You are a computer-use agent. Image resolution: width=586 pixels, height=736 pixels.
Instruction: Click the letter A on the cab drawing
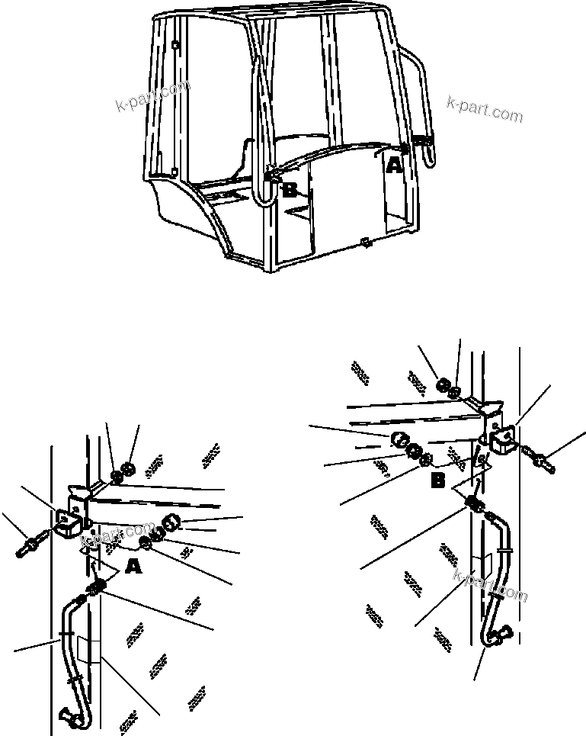coord(393,164)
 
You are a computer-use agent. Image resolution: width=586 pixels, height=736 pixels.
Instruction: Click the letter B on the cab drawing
coord(290,191)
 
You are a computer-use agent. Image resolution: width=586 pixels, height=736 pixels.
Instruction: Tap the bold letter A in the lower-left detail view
coord(133,566)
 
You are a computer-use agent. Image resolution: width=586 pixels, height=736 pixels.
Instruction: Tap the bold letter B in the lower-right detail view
coord(438,481)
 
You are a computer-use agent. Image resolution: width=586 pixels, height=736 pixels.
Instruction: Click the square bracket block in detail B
coord(501,440)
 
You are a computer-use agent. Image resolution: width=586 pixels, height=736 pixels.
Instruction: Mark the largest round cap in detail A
coord(171,525)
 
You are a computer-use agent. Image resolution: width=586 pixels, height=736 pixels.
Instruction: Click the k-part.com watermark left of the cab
coord(152,97)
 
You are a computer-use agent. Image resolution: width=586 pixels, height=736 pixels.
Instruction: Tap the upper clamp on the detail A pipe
coord(66,635)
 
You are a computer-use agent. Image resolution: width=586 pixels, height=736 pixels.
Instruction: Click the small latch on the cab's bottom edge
coord(365,243)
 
